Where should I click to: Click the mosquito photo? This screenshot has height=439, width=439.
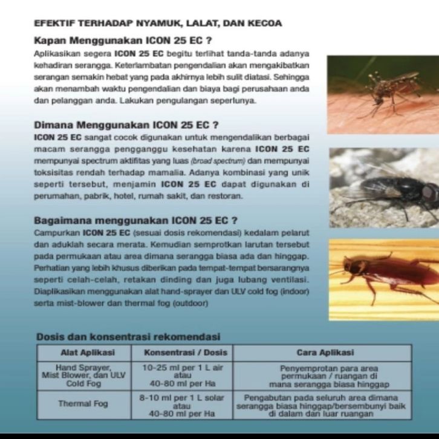click(x=383, y=95)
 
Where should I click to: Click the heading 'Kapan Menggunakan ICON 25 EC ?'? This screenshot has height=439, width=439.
click(x=122, y=42)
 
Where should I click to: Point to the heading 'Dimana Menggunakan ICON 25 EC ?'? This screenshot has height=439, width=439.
click(x=126, y=126)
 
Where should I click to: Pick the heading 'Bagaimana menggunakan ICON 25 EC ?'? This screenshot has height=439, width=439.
click(x=135, y=219)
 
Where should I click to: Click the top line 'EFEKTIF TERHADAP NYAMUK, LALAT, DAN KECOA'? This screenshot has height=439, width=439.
click(x=158, y=24)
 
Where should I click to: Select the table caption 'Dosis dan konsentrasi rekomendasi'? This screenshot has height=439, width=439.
click(x=128, y=337)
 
